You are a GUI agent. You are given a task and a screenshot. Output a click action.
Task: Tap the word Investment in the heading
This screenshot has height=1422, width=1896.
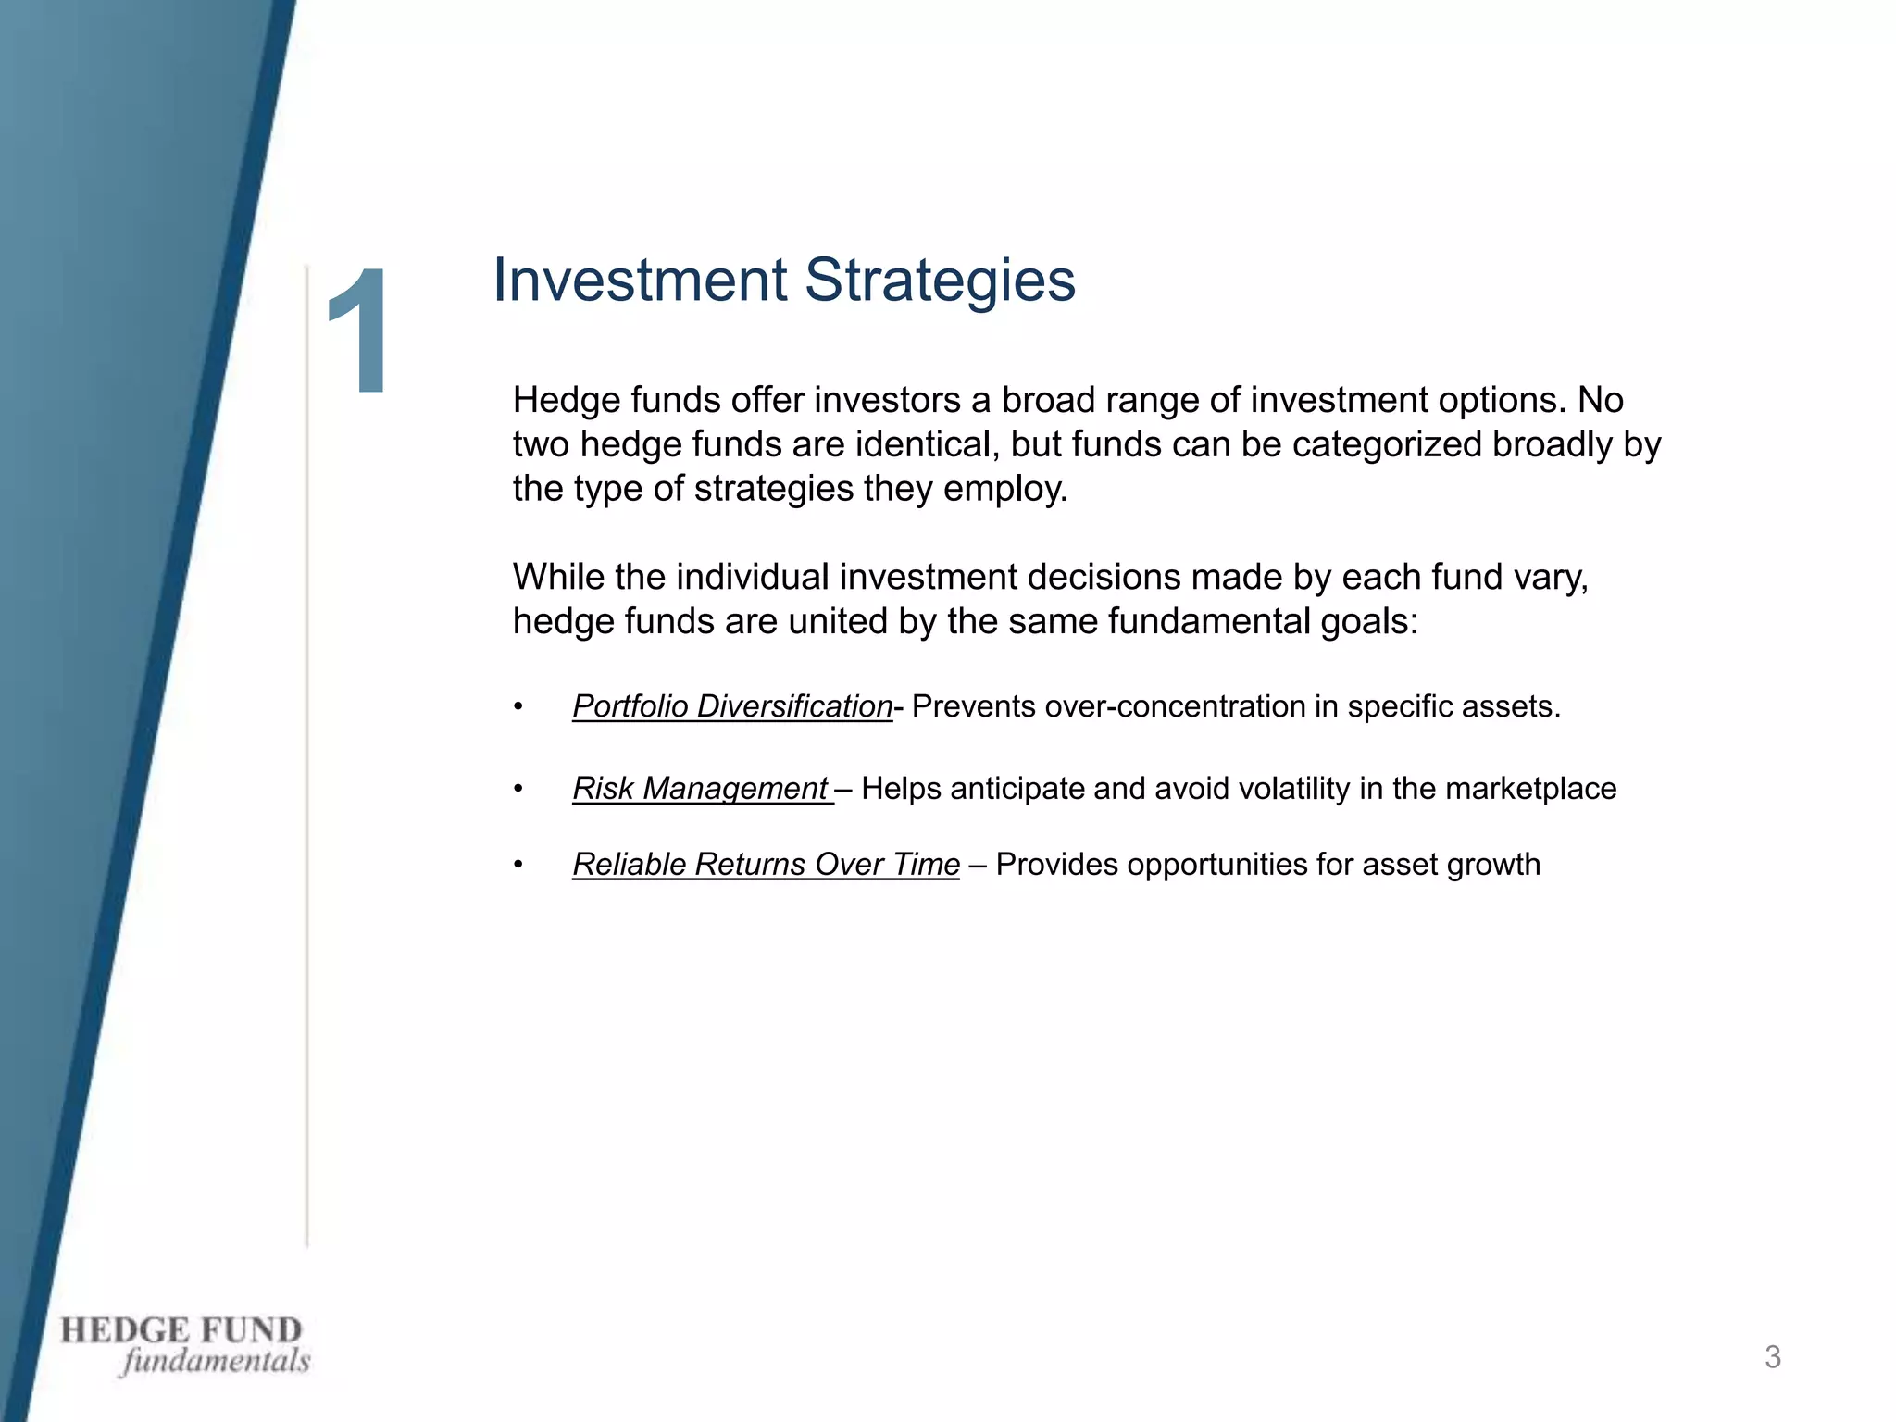(x=640, y=280)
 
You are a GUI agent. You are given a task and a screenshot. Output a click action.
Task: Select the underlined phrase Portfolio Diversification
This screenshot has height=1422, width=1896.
(x=731, y=706)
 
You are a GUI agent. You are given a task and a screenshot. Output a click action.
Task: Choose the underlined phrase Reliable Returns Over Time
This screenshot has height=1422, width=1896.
(x=766, y=865)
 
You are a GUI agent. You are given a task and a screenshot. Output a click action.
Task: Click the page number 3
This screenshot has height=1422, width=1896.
(x=1772, y=1357)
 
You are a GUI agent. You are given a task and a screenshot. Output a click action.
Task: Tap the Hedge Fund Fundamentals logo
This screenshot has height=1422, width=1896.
(x=184, y=1345)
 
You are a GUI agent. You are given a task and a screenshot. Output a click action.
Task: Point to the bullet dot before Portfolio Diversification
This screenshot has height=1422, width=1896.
(x=518, y=708)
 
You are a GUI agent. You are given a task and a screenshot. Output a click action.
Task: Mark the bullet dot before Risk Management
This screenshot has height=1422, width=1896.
(x=518, y=790)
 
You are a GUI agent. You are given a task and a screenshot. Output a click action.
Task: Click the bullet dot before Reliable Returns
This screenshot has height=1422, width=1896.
(x=518, y=866)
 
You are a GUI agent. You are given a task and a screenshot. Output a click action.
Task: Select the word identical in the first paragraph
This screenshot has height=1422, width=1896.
(x=926, y=444)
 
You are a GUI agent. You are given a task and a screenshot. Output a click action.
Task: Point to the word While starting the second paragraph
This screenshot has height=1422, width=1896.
(x=557, y=577)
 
